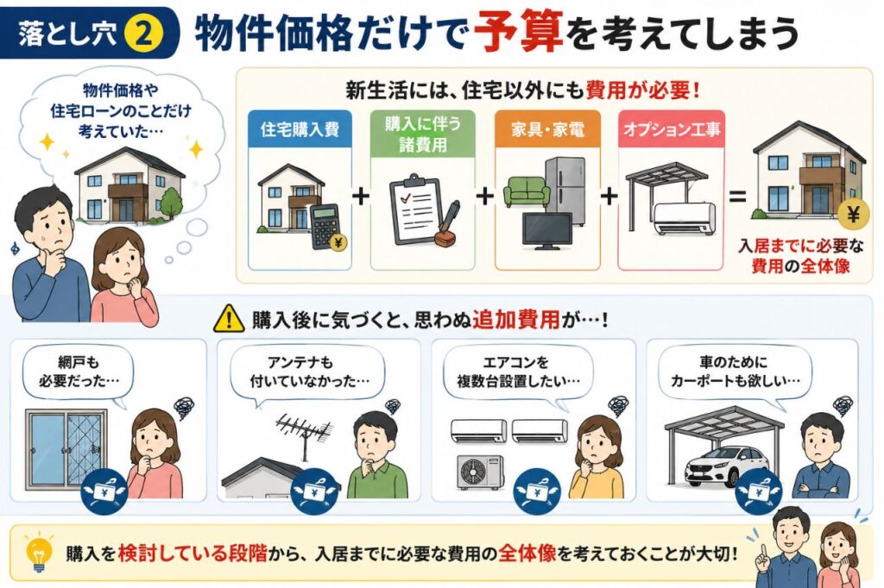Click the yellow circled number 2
[x=144, y=33]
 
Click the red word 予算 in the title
[x=518, y=32]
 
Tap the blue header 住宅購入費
[x=300, y=129]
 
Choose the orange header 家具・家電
[x=547, y=129]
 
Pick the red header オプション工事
[x=672, y=129]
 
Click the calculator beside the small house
[x=327, y=227]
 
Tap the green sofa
[x=526, y=191]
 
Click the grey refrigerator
[x=565, y=186]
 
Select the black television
[x=546, y=231]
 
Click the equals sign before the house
[x=737, y=197]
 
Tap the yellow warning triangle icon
[x=229, y=319]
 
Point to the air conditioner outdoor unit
[x=480, y=472]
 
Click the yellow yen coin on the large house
[x=853, y=215]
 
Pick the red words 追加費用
[x=515, y=320]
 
